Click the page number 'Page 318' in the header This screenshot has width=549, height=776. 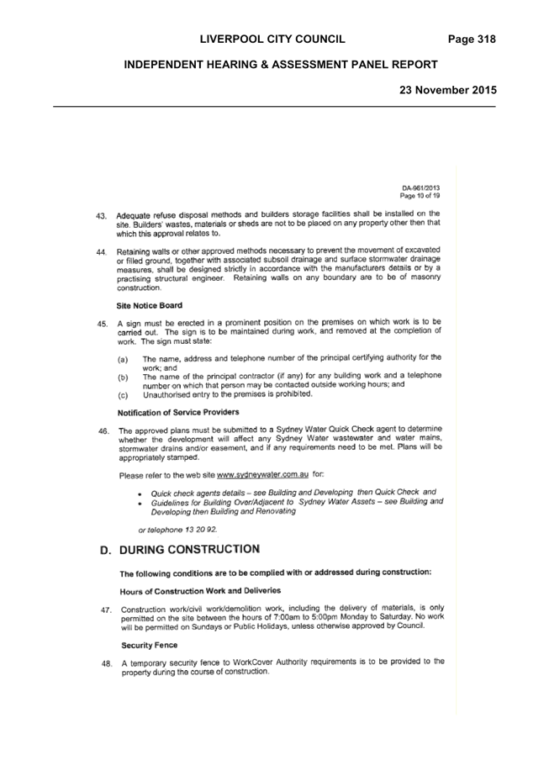click(472, 40)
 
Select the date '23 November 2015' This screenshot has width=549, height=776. click(448, 90)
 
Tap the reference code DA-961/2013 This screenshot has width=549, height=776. click(420, 188)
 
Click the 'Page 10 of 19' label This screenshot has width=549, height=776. click(420, 196)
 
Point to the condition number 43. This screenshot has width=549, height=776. click(102, 216)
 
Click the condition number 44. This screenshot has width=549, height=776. click(102, 252)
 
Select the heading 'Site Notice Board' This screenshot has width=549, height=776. click(150, 305)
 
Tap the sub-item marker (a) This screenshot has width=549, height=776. click(122, 359)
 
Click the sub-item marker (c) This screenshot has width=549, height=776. click(123, 395)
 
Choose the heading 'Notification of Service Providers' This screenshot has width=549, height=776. click(178, 412)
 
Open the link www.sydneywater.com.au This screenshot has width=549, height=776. click(263, 475)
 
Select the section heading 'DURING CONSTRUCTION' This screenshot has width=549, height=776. click(190, 549)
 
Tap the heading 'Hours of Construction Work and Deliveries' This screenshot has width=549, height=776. click(200, 591)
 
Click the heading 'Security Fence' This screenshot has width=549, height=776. click(150, 646)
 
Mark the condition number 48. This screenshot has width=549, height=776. click(107, 663)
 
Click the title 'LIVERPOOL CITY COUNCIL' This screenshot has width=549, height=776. click(272, 40)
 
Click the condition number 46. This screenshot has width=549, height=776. click(103, 431)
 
